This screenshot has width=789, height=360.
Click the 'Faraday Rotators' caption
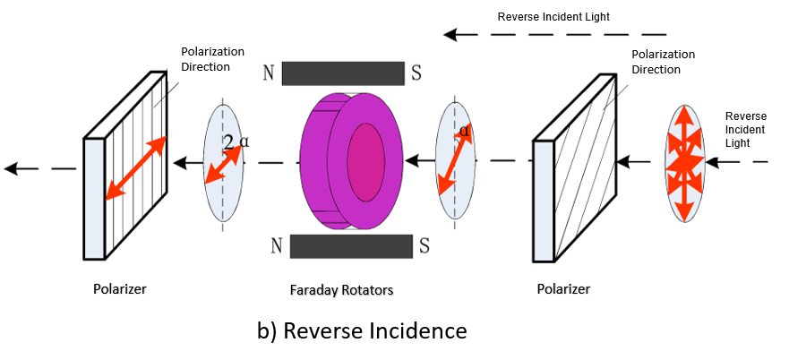[341, 290]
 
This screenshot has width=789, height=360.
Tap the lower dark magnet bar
[350, 245]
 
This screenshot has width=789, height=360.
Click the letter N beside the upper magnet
[268, 73]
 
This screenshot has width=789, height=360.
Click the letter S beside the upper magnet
[416, 73]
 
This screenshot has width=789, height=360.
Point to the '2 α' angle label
[237, 141]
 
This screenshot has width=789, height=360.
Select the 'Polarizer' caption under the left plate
[119, 289]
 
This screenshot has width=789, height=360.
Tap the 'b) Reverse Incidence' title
[362, 330]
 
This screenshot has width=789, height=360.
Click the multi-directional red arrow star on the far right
[684, 164]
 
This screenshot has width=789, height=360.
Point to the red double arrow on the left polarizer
[135, 167]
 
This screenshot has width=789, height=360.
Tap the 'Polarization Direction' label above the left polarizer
[212, 59]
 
